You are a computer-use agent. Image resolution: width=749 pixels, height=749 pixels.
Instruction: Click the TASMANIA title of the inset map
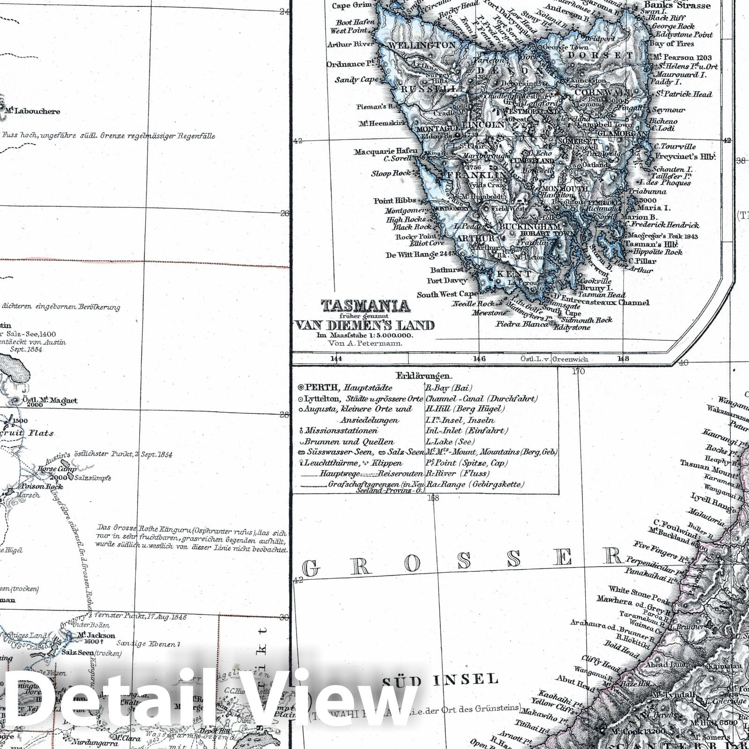click(365, 306)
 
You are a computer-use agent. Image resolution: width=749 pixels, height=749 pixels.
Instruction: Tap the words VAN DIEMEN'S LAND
click(364, 325)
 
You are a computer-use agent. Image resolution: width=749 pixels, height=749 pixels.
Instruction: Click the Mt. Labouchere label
click(33, 111)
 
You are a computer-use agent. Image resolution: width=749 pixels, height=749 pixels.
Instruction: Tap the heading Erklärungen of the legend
click(424, 376)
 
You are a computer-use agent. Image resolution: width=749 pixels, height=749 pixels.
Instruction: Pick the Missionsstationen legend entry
click(341, 431)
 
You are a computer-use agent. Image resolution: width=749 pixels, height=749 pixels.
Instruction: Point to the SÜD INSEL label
click(440, 679)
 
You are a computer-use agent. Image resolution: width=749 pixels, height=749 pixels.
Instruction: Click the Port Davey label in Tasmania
click(447, 280)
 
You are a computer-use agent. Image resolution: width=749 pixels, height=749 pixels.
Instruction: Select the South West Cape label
click(448, 294)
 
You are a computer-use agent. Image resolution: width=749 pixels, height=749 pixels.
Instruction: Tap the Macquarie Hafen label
click(385, 151)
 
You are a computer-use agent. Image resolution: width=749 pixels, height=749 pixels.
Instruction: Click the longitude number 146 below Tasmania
click(479, 359)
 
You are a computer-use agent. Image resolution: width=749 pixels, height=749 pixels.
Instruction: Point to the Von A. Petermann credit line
click(365, 343)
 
